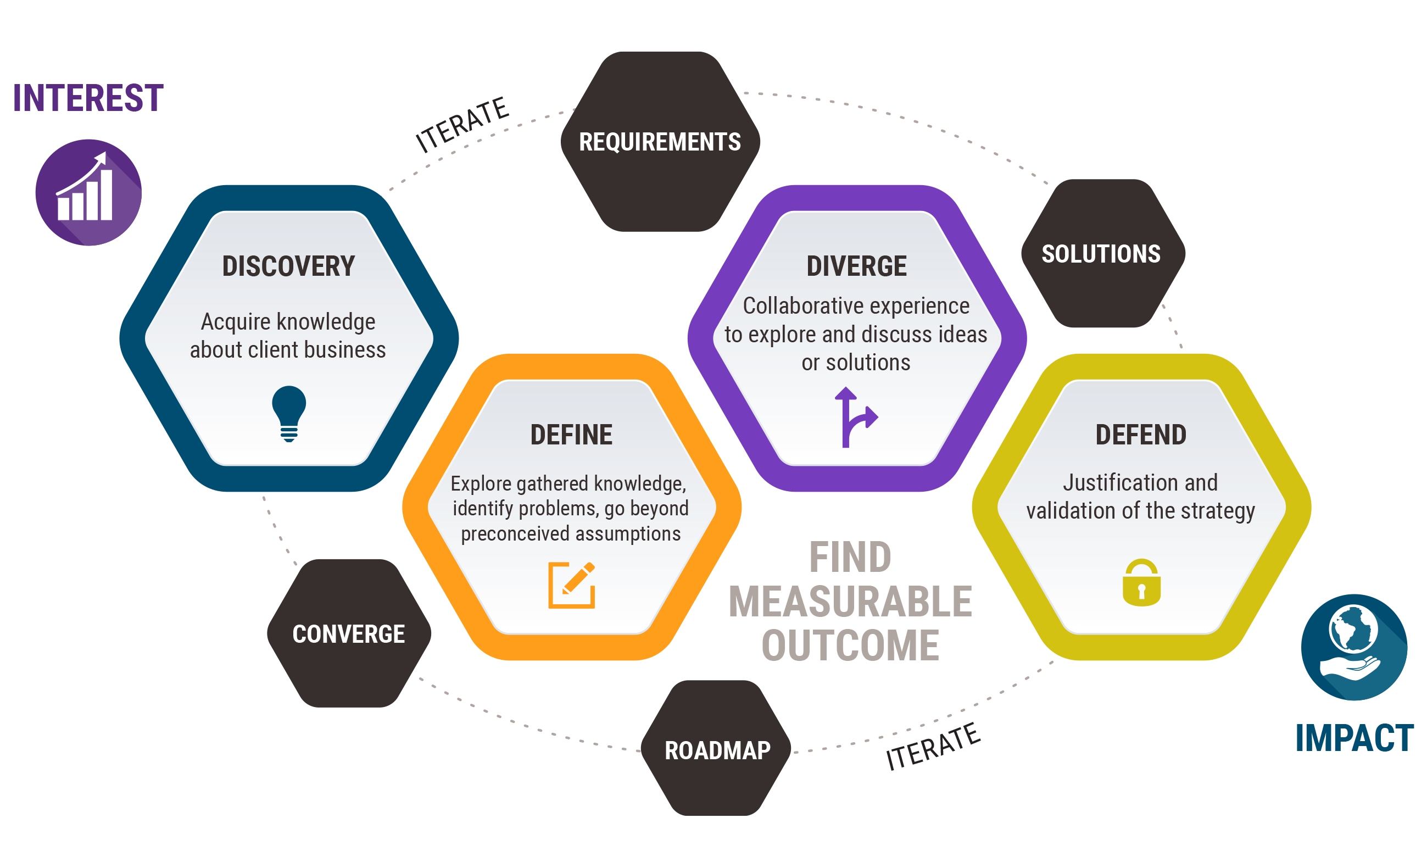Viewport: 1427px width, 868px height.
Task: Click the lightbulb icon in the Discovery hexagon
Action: (x=289, y=414)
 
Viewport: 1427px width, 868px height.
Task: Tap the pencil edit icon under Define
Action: (x=572, y=585)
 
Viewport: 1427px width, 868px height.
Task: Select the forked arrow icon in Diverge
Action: (x=855, y=417)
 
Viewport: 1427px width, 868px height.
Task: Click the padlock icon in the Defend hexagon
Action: (x=1141, y=583)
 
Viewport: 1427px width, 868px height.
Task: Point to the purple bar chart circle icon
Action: (x=88, y=192)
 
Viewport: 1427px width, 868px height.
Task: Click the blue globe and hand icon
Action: (x=1354, y=647)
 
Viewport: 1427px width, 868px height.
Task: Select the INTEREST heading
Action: (x=88, y=98)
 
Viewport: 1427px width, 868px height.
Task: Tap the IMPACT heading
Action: (x=1354, y=738)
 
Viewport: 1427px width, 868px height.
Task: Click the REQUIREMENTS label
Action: (x=660, y=142)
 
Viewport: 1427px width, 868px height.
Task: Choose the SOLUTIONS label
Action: (x=1101, y=254)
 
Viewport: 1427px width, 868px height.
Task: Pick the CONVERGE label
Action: (x=349, y=633)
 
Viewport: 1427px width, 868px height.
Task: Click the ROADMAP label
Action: (x=717, y=750)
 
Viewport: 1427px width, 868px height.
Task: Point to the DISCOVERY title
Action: (x=288, y=266)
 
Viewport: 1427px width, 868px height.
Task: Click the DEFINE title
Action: (x=571, y=435)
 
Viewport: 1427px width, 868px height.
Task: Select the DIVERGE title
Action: (x=856, y=266)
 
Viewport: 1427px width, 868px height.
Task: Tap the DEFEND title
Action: (x=1141, y=435)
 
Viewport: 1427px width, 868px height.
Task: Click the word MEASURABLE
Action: (x=850, y=602)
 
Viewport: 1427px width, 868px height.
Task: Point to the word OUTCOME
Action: (x=850, y=645)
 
